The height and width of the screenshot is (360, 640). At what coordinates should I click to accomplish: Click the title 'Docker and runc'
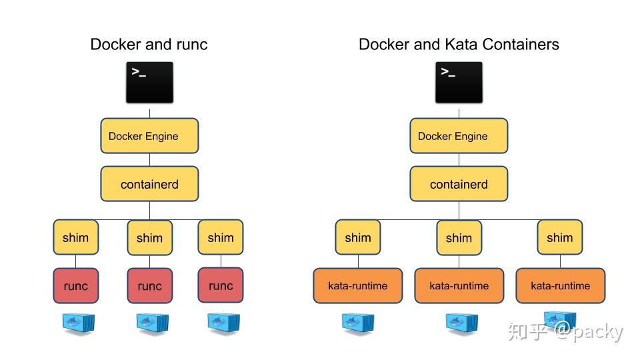tap(149, 45)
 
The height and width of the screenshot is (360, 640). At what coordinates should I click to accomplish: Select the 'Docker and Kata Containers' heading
tap(459, 45)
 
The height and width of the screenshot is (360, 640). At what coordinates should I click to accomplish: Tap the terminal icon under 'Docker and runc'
tap(149, 83)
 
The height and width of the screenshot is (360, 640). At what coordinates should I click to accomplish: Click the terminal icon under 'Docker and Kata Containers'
tap(459, 83)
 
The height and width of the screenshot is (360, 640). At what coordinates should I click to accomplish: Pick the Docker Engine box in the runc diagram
tap(149, 136)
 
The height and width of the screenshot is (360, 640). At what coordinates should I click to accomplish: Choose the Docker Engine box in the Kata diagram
tap(459, 136)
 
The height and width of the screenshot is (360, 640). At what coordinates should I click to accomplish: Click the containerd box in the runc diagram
tap(149, 184)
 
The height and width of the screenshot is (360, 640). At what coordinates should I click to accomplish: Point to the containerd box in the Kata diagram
tap(459, 184)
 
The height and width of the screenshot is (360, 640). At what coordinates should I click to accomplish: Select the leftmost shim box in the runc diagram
tap(75, 237)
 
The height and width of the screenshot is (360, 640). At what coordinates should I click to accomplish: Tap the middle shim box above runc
tap(149, 237)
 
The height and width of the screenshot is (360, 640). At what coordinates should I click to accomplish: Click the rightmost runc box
tap(221, 285)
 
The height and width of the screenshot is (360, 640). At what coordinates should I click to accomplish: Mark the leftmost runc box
tap(75, 285)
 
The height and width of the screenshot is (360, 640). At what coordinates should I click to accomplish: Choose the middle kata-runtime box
tap(459, 285)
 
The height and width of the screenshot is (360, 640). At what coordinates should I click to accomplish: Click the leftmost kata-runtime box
tap(358, 285)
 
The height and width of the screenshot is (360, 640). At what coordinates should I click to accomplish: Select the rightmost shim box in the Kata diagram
tap(559, 237)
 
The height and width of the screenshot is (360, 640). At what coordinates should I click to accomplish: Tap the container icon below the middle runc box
tap(149, 323)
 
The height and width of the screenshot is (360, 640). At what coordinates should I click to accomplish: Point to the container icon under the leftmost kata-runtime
tap(358, 323)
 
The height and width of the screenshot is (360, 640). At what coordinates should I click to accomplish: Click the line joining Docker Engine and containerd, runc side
tap(149, 160)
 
